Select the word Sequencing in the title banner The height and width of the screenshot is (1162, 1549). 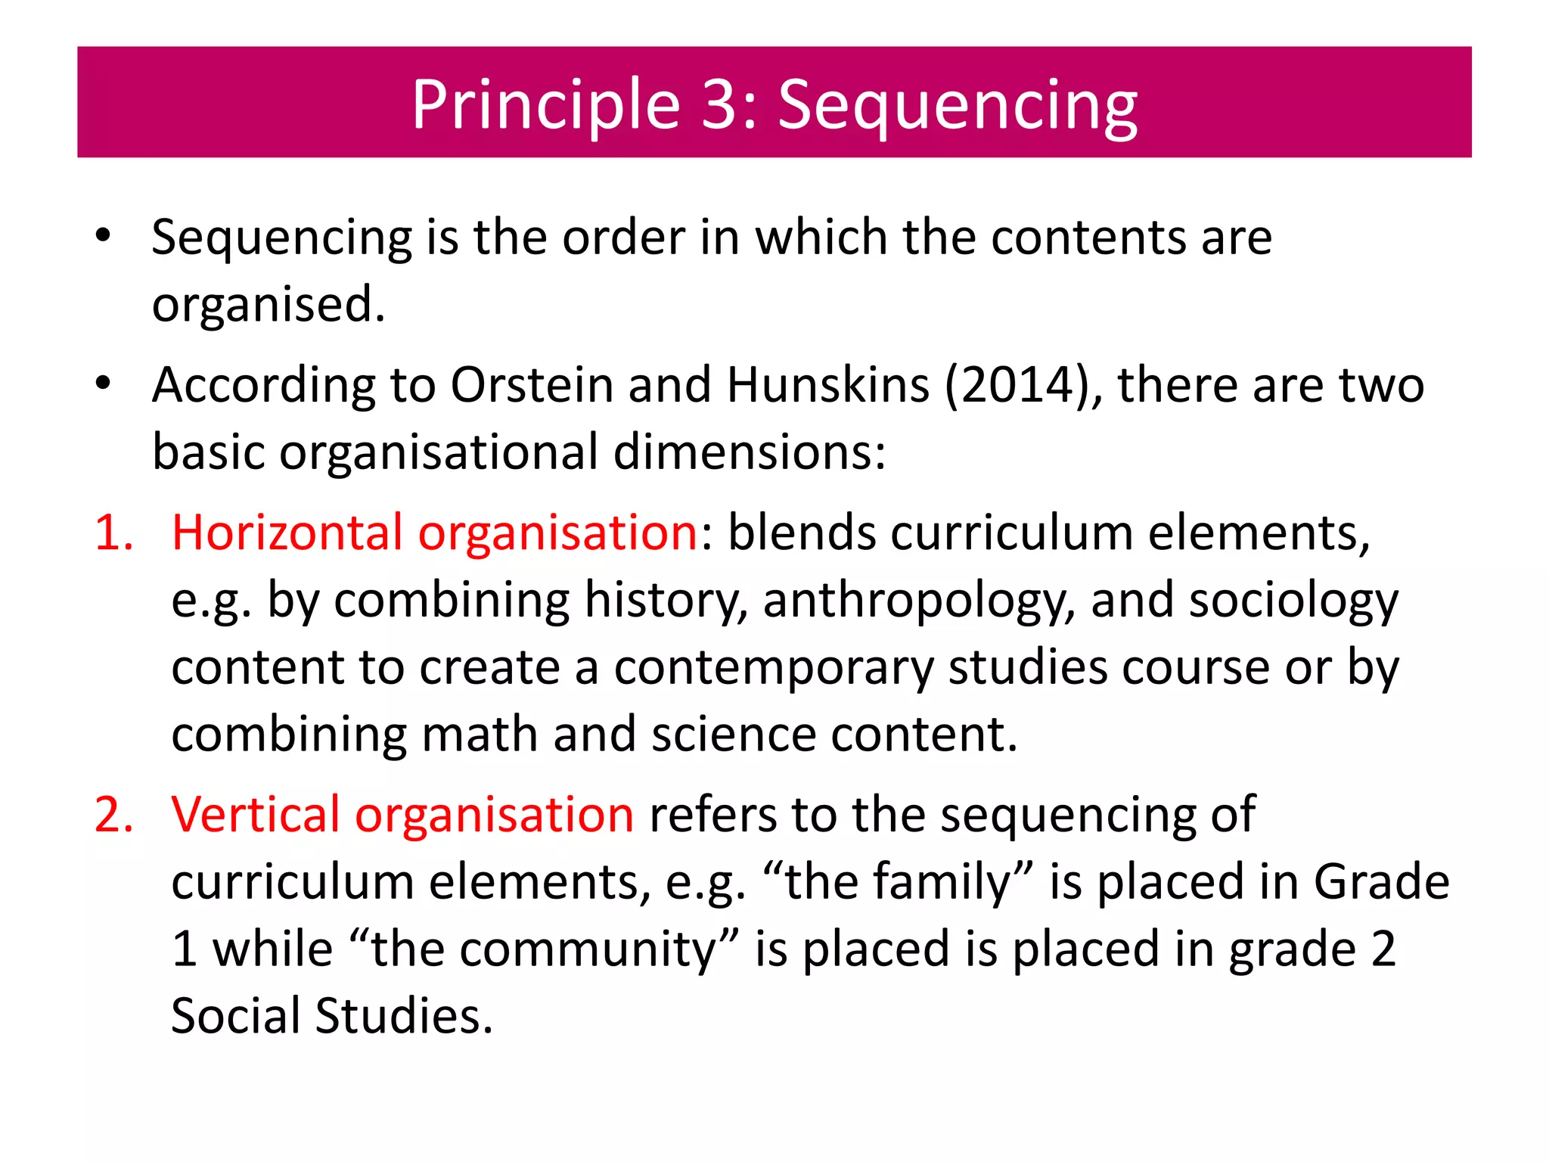(958, 106)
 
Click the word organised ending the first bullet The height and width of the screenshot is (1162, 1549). (269, 305)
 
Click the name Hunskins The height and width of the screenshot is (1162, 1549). (827, 385)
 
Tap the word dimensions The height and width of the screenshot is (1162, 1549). (749, 452)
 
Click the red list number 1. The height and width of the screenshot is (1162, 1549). (113, 533)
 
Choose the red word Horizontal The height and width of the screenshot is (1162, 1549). (287, 533)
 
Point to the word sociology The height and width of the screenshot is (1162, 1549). (1293, 601)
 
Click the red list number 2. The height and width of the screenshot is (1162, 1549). (113, 815)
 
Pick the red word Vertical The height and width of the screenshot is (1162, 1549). (255, 815)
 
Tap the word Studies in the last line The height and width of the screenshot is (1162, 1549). (404, 1016)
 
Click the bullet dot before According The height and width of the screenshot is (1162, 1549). (104, 384)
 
